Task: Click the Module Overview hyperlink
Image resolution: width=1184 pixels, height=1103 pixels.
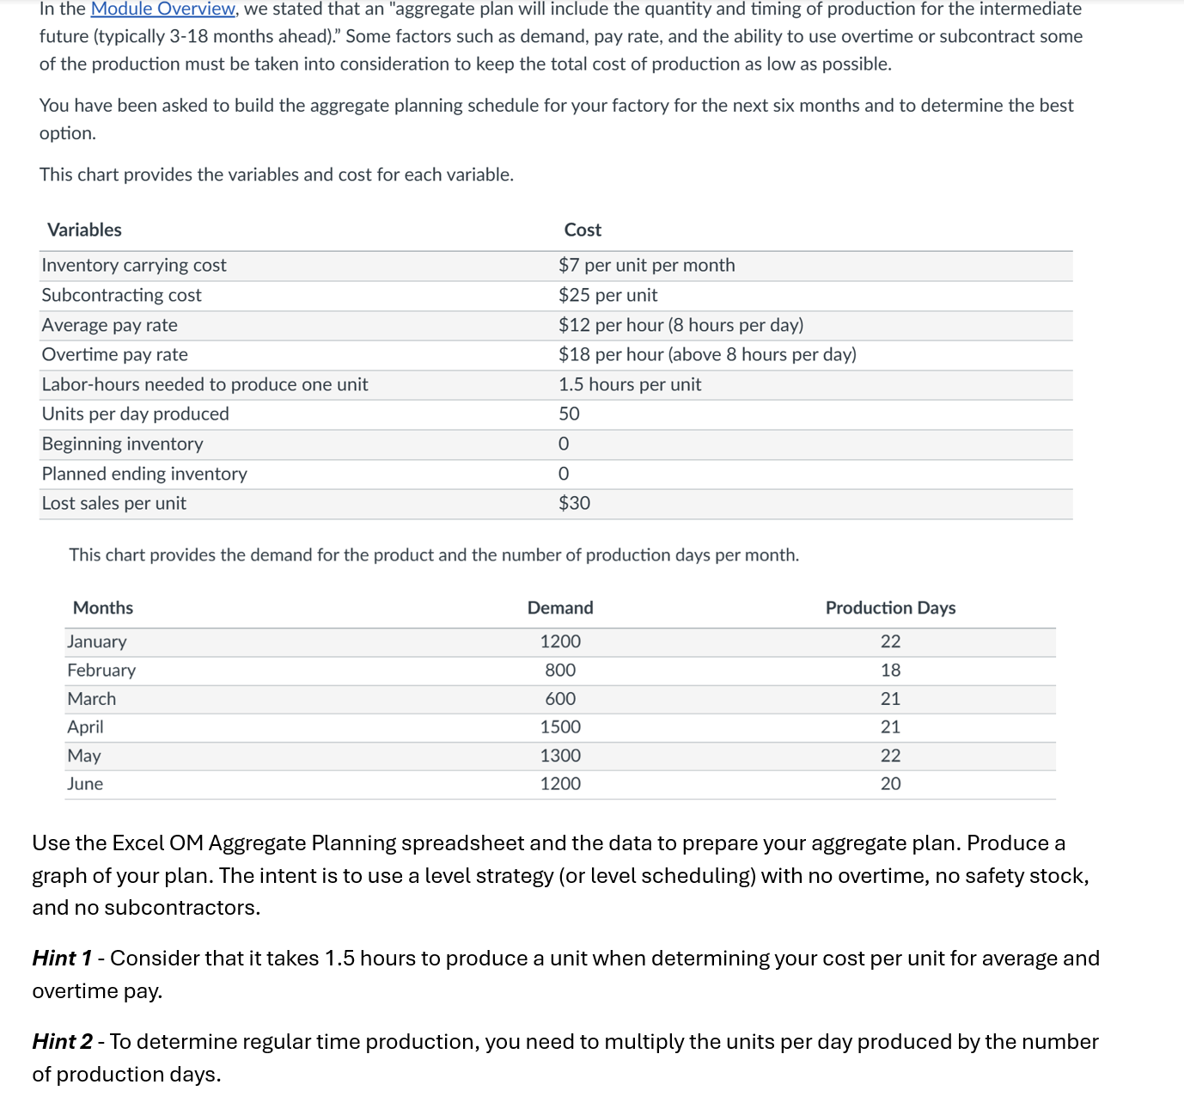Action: pos(162,9)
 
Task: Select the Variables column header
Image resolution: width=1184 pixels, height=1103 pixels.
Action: pos(84,230)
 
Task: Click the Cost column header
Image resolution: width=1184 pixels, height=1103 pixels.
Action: pos(583,230)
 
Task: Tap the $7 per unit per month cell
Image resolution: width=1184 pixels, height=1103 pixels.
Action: pos(646,266)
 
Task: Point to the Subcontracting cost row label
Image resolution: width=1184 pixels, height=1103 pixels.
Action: pos(121,296)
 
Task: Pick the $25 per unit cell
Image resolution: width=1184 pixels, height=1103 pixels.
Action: pos(607,296)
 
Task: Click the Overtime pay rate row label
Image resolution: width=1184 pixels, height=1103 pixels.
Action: pos(114,355)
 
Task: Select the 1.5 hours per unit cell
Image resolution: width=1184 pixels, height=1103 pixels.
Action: pos(630,385)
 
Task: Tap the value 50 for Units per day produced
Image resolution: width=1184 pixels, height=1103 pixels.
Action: pos(569,414)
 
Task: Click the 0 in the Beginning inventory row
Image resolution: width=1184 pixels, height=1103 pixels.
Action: pos(564,444)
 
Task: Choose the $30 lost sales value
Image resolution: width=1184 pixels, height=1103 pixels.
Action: pos(574,504)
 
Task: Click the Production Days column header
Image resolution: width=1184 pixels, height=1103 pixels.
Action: pos(890,608)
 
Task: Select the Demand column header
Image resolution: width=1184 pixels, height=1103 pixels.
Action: pos(560,608)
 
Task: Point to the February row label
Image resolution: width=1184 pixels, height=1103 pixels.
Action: pos(101,671)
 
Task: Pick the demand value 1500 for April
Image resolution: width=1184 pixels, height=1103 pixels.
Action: pos(560,727)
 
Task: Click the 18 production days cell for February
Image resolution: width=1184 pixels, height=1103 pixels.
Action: pos(890,671)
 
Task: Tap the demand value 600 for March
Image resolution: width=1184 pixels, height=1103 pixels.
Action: pos(560,699)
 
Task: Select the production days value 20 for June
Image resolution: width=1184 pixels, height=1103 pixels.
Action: pos(890,784)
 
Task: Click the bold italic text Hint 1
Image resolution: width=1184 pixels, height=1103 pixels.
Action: pos(62,959)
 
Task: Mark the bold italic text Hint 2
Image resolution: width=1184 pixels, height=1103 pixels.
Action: pos(62,1042)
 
